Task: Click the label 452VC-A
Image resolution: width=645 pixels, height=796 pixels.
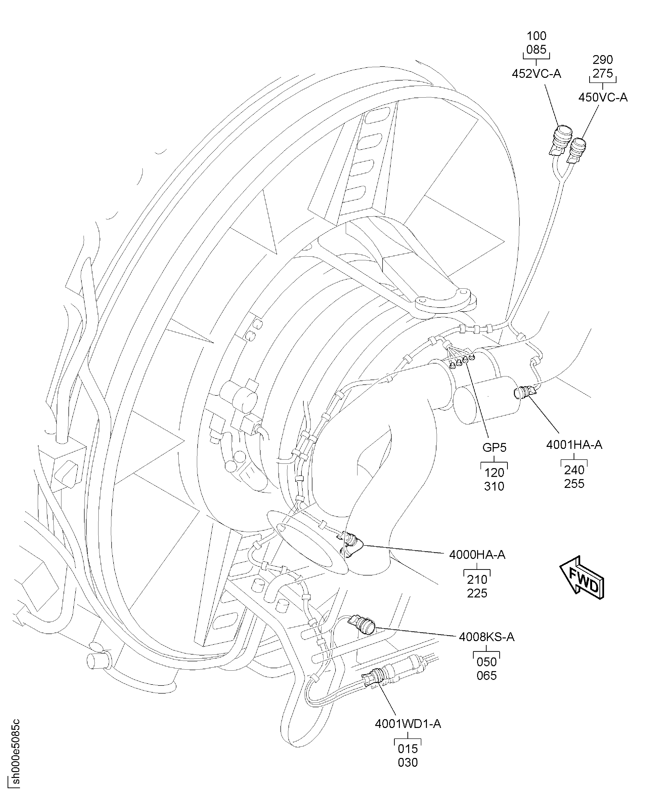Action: pyautogui.click(x=536, y=74)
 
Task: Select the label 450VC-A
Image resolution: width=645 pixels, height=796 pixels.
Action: pyautogui.click(x=603, y=97)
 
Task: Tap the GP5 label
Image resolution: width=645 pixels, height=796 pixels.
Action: pyautogui.click(x=494, y=447)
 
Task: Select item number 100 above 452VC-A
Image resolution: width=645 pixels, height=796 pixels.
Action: pyautogui.click(x=537, y=36)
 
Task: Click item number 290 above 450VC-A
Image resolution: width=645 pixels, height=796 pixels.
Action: pyautogui.click(x=603, y=60)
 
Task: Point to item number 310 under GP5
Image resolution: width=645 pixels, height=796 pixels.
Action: pyautogui.click(x=494, y=486)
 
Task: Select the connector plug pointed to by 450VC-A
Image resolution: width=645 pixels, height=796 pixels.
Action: pyautogui.click(x=577, y=150)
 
